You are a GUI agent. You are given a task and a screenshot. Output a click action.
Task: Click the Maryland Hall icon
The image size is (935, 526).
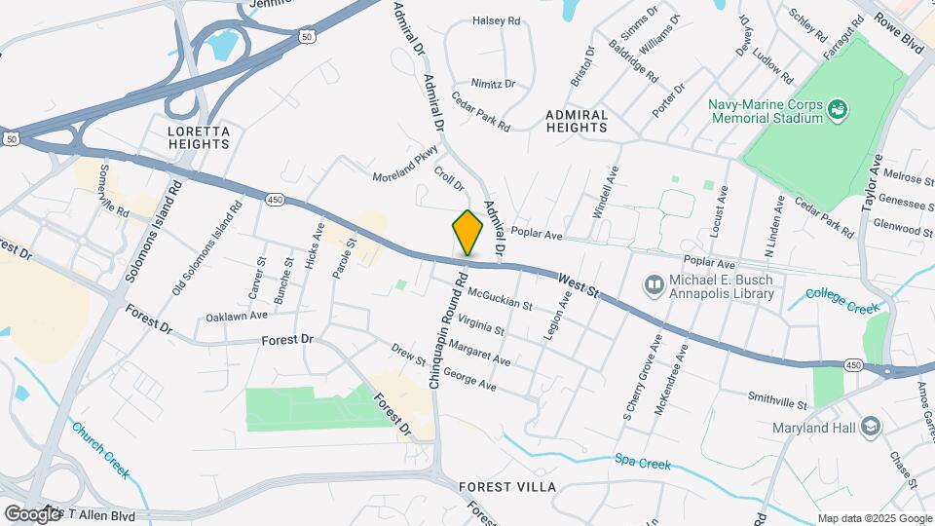[x=871, y=428]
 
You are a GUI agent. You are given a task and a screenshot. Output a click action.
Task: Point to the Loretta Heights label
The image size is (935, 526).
[x=199, y=137]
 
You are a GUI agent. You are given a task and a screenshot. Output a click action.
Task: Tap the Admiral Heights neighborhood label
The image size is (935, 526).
[x=577, y=121]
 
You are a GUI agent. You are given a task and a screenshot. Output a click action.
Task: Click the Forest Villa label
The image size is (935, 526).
[x=507, y=486]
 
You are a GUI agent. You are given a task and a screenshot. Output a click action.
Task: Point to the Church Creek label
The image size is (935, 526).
[x=100, y=449]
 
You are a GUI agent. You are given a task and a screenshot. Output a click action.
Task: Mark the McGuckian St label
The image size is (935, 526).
[x=500, y=298]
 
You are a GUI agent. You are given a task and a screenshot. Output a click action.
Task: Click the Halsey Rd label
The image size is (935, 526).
[x=496, y=19]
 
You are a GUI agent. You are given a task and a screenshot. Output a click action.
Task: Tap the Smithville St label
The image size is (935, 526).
[x=777, y=400]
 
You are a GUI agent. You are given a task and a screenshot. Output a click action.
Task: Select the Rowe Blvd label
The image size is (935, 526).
[x=897, y=31]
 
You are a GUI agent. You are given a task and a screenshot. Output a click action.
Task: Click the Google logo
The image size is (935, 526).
[x=32, y=513]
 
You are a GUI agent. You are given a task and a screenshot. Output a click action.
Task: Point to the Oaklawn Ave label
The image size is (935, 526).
[x=236, y=317]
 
